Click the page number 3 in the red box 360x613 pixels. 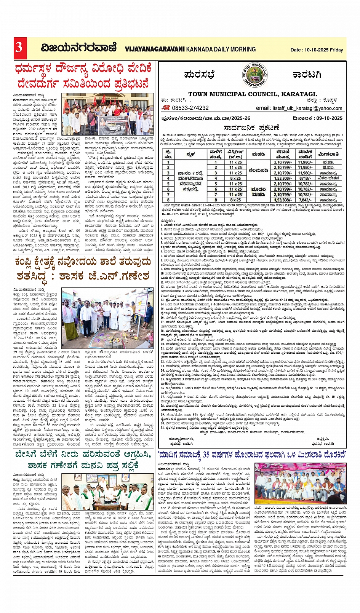[x=19, y=47]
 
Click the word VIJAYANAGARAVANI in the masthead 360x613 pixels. [x=155, y=49]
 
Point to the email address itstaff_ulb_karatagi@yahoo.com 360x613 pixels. [x=307, y=108]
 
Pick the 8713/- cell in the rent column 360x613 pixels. [x=305, y=178]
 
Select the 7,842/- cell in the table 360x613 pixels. [x=305, y=200]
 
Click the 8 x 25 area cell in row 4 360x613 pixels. [x=235, y=178]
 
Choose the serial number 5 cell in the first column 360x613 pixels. [x=168, y=184]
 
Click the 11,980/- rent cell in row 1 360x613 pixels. [x=305, y=162]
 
